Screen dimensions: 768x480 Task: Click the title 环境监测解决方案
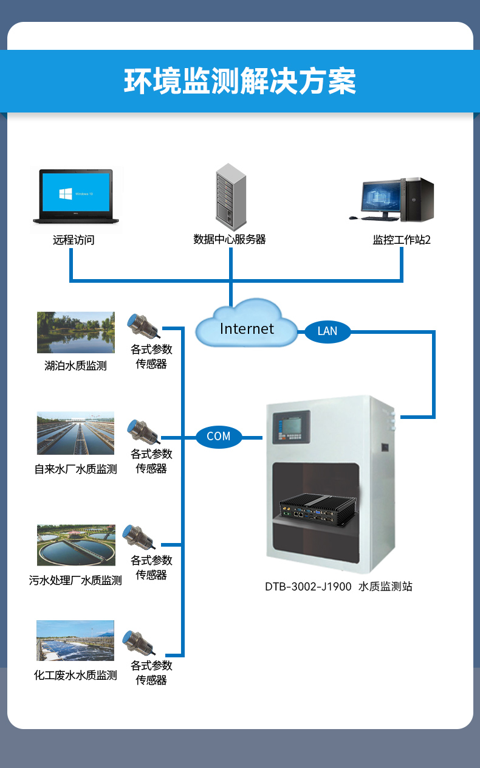tap(240, 82)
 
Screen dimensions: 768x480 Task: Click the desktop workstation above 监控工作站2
tap(398, 199)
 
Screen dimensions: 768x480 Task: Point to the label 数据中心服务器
tap(230, 240)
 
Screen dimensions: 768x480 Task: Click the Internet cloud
tap(246, 325)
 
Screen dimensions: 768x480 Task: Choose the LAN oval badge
tap(327, 331)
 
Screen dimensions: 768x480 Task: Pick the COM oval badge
tap(219, 437)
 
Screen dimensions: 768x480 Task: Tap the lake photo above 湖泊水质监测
tap(76, 333)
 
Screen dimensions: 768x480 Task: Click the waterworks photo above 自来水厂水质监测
tap(75, 433)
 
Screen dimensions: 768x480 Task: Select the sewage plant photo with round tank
tap(76, 545)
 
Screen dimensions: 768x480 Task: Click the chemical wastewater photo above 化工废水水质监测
tap(75, 640)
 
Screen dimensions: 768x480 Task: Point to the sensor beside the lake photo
tap(143, 326)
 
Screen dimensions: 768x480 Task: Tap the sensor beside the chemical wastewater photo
tap(139, 642)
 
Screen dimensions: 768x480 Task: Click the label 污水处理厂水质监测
tap(75, 581)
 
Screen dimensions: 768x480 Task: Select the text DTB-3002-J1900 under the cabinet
tap(308, 587)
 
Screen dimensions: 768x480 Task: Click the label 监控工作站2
tap(402, 240)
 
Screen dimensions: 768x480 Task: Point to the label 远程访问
tap(74, 240)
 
